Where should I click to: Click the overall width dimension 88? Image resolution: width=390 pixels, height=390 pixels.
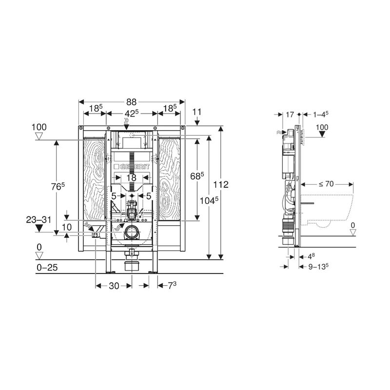tap(131, 102)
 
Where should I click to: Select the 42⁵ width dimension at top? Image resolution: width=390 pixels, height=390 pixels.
tap(131, 114)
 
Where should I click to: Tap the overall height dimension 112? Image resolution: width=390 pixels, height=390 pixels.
tap(221, 185)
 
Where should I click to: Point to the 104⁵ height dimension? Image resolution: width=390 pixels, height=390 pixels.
tap(209, 200)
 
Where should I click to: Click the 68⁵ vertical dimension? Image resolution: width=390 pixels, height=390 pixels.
tap(197, 176)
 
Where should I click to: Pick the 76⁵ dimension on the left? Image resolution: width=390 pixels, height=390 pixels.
tap(58, 186)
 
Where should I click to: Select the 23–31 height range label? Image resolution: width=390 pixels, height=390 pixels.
tap(39, 220)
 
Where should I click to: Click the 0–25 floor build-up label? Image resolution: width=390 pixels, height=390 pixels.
tap(47, 267)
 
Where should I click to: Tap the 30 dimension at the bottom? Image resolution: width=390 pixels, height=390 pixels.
tap(114, 286)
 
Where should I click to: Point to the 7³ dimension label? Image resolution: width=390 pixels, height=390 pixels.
tap(172, 285)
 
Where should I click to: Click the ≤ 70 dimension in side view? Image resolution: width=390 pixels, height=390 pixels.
tap(326, 184)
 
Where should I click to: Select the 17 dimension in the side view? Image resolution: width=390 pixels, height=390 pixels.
tap(290, 115)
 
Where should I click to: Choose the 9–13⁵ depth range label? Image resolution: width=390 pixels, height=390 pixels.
tap(319, 267)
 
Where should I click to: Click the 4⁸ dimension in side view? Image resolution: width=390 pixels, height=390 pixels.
tap(312, 256)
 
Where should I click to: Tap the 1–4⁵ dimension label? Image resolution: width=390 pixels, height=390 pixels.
tap(321, 115)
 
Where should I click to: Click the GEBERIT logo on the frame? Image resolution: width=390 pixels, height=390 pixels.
tap(132, 167)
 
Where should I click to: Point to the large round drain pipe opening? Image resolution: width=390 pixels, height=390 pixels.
tap(131, 233)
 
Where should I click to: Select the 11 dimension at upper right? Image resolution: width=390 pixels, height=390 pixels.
tap(197, 112)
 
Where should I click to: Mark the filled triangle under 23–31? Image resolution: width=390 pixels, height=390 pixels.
tap(39, 228)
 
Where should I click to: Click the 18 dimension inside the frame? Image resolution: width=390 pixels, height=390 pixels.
tap(131, 177)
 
